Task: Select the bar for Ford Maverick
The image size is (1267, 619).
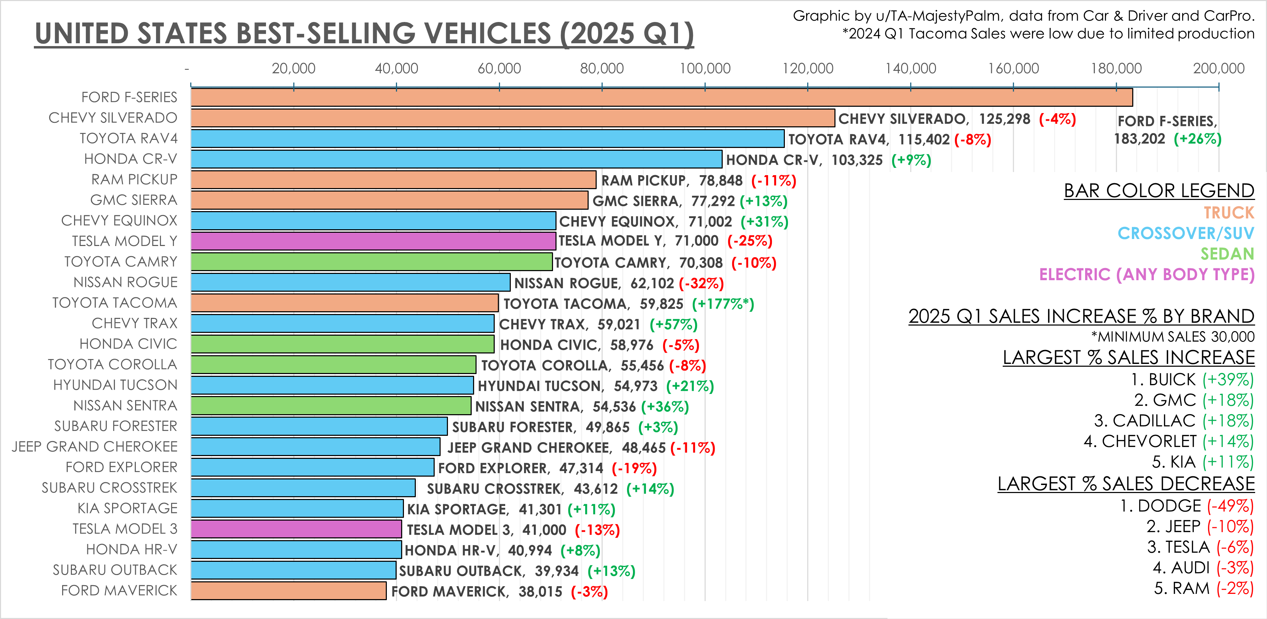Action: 288,590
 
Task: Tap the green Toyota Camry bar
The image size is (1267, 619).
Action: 371,262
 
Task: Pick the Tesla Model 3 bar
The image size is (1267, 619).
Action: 296,529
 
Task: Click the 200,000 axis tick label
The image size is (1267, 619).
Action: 1218,68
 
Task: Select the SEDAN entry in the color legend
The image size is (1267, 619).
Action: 1227,254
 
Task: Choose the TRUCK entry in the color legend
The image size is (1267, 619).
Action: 1229,212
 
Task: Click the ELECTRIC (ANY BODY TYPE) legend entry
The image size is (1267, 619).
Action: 1147,274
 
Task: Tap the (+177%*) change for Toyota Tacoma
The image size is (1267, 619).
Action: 722,304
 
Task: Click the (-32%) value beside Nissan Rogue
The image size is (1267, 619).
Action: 701,283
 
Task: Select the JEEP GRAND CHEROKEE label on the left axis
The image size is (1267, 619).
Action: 94,446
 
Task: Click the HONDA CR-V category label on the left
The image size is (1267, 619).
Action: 130,159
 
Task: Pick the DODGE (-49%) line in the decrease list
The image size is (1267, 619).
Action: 1186,506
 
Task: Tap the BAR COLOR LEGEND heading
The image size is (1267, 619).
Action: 1159,191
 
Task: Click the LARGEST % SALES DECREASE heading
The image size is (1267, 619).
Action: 1126,484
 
